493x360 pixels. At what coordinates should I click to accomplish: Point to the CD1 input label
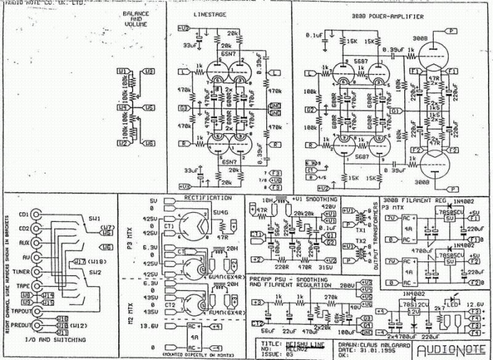click(x=24, y=215)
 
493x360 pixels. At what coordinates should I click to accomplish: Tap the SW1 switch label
click(x=95, y=219)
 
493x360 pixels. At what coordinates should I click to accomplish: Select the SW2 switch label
click(x=94, y=272)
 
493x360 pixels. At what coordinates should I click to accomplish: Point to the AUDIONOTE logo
click(x=452, y=351)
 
